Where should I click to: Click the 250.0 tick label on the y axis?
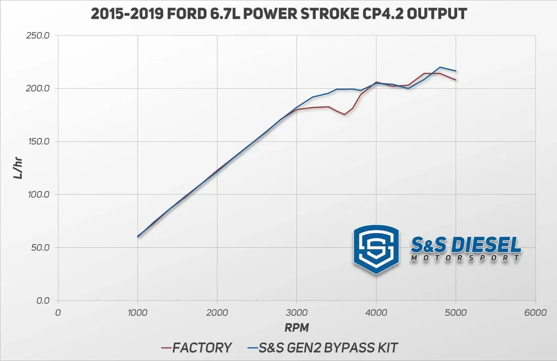(39, 36)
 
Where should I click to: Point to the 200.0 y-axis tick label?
(39, 89)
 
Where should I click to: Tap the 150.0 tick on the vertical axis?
(39, 141)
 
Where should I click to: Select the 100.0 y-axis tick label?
(39, 195)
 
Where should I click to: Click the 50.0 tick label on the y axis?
(41, 248)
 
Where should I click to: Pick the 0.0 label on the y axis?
(43, 301)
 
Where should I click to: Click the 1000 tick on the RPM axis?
(137, 313)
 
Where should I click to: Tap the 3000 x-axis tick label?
(297, 313)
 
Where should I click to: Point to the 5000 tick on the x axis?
(456, 313)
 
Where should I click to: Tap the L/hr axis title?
(18, 168)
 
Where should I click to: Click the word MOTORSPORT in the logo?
(465, 258)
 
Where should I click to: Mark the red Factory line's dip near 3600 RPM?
(344, 114)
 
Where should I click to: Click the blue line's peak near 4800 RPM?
(440, 67)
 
